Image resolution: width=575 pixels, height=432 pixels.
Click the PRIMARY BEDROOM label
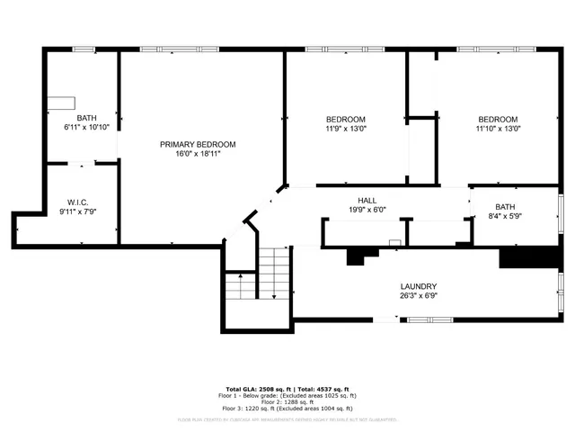[198, 144]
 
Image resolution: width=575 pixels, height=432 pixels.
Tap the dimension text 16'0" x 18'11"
[198, 154]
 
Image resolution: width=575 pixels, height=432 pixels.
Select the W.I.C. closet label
[77, 202]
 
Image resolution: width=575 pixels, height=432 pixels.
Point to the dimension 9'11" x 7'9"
[77, 211]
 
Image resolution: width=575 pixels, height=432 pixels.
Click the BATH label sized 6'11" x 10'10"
[86, 118]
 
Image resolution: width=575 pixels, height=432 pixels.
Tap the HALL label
[367, 201]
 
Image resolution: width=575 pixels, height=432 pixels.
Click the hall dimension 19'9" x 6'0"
[367, 211]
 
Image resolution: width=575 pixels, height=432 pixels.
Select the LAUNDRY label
[418, 286]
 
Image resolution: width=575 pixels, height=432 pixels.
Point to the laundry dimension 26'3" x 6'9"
[418, 296]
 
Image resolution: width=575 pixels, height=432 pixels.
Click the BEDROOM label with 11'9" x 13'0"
[345, 120]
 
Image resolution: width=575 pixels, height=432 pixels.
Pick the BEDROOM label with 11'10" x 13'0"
[497, 120]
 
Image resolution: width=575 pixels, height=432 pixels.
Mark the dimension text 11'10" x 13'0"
[497, 130]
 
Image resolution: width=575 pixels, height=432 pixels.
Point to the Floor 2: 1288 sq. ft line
[286, 402]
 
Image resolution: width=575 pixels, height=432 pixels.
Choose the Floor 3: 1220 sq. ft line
[286, 409]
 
